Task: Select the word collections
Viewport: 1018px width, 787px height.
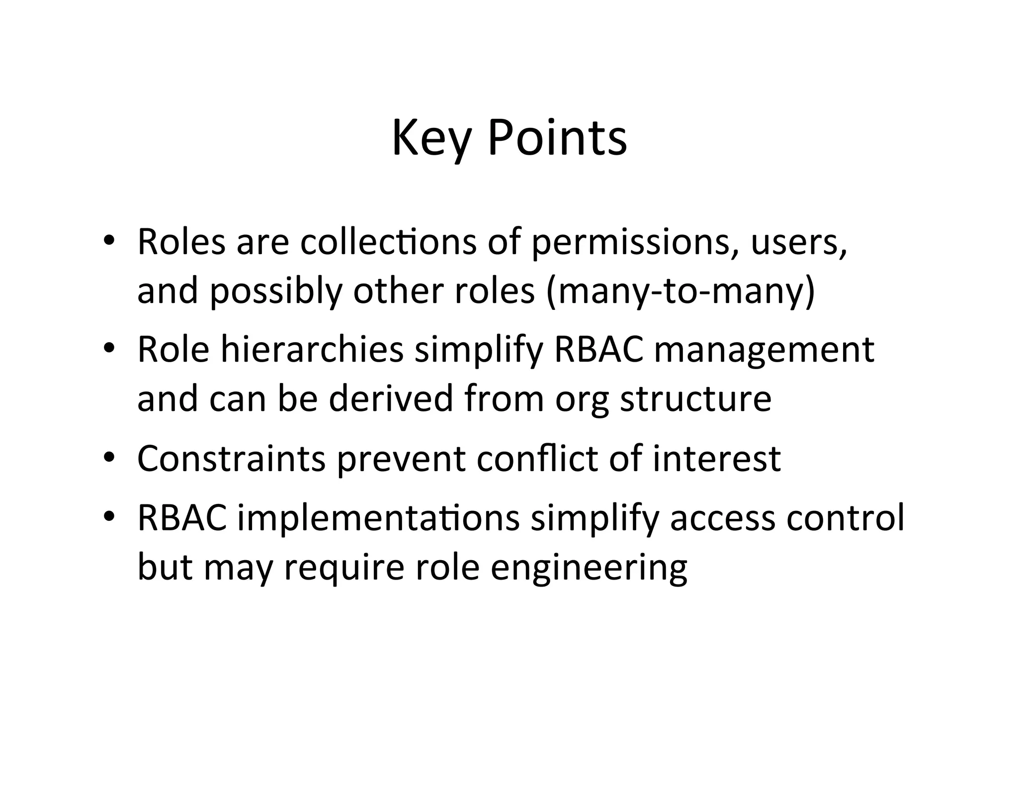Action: pos(388,242)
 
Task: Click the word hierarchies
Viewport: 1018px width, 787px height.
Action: pos(312,349)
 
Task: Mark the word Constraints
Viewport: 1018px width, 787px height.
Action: pos(231,459)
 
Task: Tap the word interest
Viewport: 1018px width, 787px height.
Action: pos(716,459)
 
